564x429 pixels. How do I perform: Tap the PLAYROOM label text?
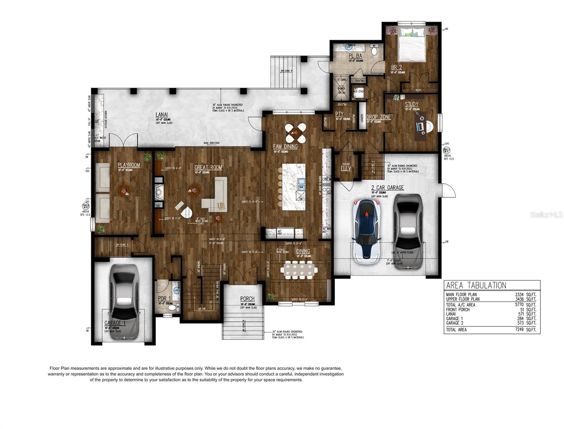(x=129, y=165)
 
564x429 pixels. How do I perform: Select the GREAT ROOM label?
(x=208, y=167)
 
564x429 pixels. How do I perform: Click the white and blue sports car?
(x=366, y=231)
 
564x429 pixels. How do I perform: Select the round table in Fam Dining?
(x=296, y=133)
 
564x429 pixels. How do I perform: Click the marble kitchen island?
(x=294, y=187)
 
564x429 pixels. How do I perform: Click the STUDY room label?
(x=412, y=104)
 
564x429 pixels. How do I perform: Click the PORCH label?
(x=247, y=299)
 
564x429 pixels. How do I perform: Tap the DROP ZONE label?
(x=378, y=117)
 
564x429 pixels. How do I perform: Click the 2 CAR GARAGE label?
(x=387, y=187)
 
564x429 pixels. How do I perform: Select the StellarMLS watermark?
(x=546, y=214)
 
